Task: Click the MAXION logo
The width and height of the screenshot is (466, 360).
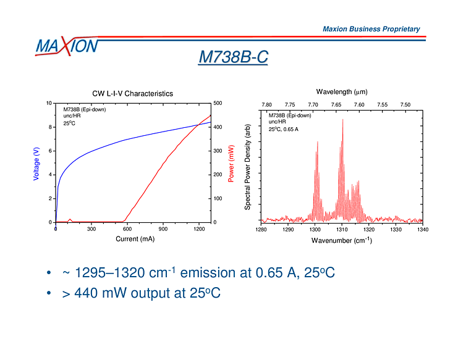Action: (x=66, y=46)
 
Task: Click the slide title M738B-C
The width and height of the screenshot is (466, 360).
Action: (x=233, y=57)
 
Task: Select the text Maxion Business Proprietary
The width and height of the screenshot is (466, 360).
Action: (x=371, y=29)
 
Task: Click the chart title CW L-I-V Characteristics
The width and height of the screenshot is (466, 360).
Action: (x=132, y=94)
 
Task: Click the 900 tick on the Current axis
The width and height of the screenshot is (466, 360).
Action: (x=163, y=228)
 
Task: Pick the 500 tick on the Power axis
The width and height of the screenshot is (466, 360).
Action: (x=218, y=104)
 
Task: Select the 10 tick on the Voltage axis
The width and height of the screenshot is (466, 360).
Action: (x=49, y=104)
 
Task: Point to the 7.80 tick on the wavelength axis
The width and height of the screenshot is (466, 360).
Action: (x=267, y=105)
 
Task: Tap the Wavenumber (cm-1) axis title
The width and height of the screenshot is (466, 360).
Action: (x=341, y=240)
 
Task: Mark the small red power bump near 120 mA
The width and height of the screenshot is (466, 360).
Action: (x=70, y=219)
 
